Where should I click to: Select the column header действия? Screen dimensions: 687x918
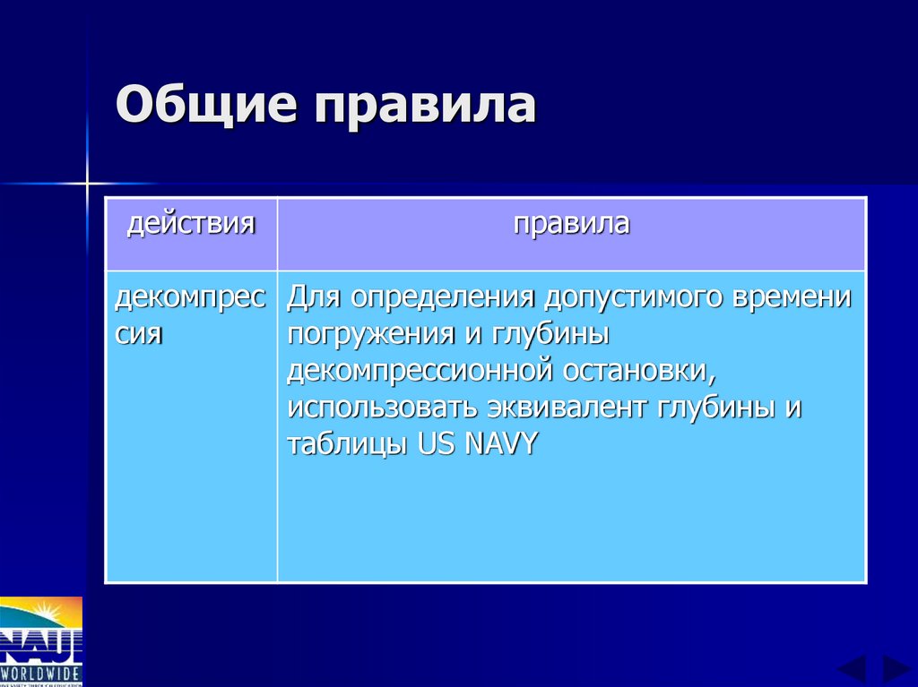tap(191, 222)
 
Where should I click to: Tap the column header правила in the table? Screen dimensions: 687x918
tap(571, 222)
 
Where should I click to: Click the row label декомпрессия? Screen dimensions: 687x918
tap(190, 315)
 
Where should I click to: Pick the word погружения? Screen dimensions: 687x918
tap(365, 335)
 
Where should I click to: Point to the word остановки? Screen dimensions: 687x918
tap(642, 370)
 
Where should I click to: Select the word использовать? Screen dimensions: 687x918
tap(383, 407)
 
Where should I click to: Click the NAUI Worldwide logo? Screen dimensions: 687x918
tap(41, 640)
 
